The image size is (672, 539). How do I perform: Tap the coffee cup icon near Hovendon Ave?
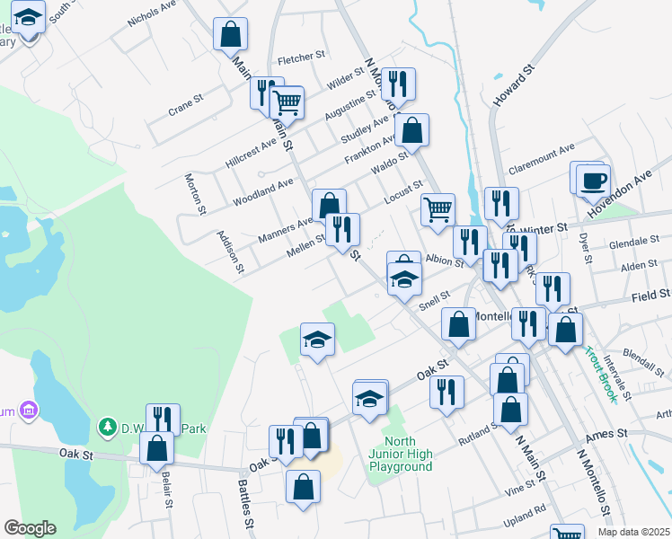click(593, 180)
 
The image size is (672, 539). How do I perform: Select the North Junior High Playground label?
click(407, 453)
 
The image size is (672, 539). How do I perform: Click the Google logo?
click(30, 528)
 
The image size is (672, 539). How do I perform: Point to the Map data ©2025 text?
click(632, 532)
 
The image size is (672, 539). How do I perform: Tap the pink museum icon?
click(29, 411)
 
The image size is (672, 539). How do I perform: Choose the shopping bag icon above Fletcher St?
click(230, 35)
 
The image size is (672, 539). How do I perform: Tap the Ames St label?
click(608, 435)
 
